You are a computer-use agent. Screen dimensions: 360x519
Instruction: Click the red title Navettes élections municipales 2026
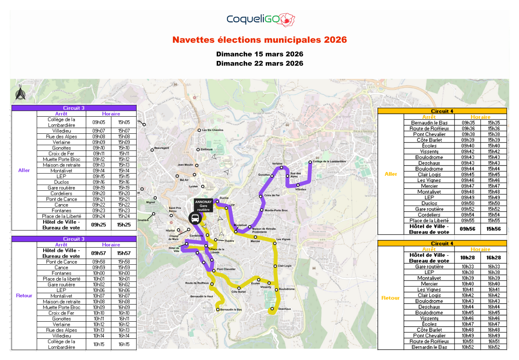259,40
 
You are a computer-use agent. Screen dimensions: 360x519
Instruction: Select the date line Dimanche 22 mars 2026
259,63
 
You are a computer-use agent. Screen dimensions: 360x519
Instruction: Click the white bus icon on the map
195,218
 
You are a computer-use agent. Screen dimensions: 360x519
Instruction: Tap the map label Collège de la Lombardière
329,161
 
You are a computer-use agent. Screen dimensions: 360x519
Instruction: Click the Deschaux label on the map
284,309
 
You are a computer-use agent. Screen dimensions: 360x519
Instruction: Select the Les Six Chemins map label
213,130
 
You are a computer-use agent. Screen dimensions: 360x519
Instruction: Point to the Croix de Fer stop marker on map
260,196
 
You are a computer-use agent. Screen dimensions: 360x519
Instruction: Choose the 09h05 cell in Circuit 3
99,122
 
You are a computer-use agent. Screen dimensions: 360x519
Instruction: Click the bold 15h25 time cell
124,224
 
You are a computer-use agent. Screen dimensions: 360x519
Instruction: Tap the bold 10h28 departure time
468,258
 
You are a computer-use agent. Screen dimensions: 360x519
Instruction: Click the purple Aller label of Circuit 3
24,171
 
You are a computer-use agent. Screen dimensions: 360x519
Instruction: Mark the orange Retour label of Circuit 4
390,298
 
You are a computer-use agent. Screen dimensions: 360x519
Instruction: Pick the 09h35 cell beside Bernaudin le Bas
468,123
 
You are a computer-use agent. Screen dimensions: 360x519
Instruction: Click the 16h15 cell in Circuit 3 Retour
124,344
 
